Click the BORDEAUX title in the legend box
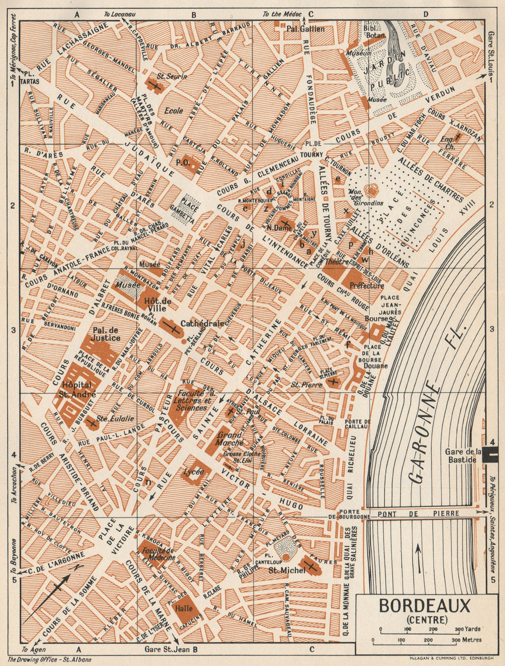(x=424, y=605)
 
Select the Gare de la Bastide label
(x=462, y=455)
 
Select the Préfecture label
(x=367, y=286)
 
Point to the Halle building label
(x=184, y=608)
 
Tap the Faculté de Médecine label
(x=159, y=554)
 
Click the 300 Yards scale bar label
(x=467, y=629)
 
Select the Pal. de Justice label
(x=107, y=334)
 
